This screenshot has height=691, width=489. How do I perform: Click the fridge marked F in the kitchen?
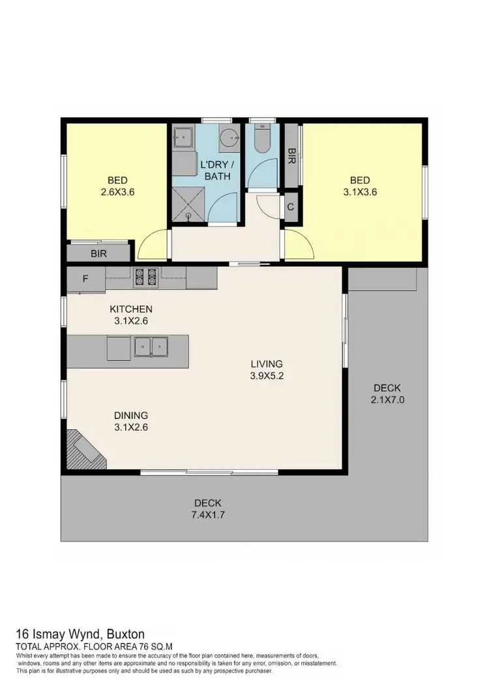(85, 279)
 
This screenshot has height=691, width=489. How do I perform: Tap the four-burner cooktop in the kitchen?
(145, 278)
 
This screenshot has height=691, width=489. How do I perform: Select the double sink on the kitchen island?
(151, 346)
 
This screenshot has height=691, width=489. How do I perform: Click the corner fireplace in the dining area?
(80, 449)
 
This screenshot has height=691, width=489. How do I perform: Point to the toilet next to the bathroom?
(263, 141)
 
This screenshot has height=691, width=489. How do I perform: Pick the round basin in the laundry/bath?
(228, 138)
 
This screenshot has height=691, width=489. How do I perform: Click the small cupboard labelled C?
(291, 207)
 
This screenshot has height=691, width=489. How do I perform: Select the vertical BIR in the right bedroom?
(291, 157)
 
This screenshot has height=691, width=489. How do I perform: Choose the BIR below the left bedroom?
(99, 253)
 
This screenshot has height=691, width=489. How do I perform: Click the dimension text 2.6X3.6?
(118, 192)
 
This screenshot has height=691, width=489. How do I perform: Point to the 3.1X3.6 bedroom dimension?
(360, 192)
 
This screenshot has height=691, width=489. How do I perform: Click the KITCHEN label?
(131, 309)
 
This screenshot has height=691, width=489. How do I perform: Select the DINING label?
(131, 415)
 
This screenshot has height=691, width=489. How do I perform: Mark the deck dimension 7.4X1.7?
(207, 515)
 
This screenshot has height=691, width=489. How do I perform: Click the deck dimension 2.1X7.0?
(387, 400)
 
